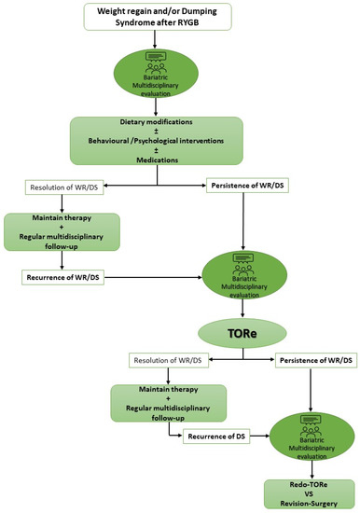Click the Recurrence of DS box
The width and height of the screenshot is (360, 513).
click(x=223, y=434)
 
